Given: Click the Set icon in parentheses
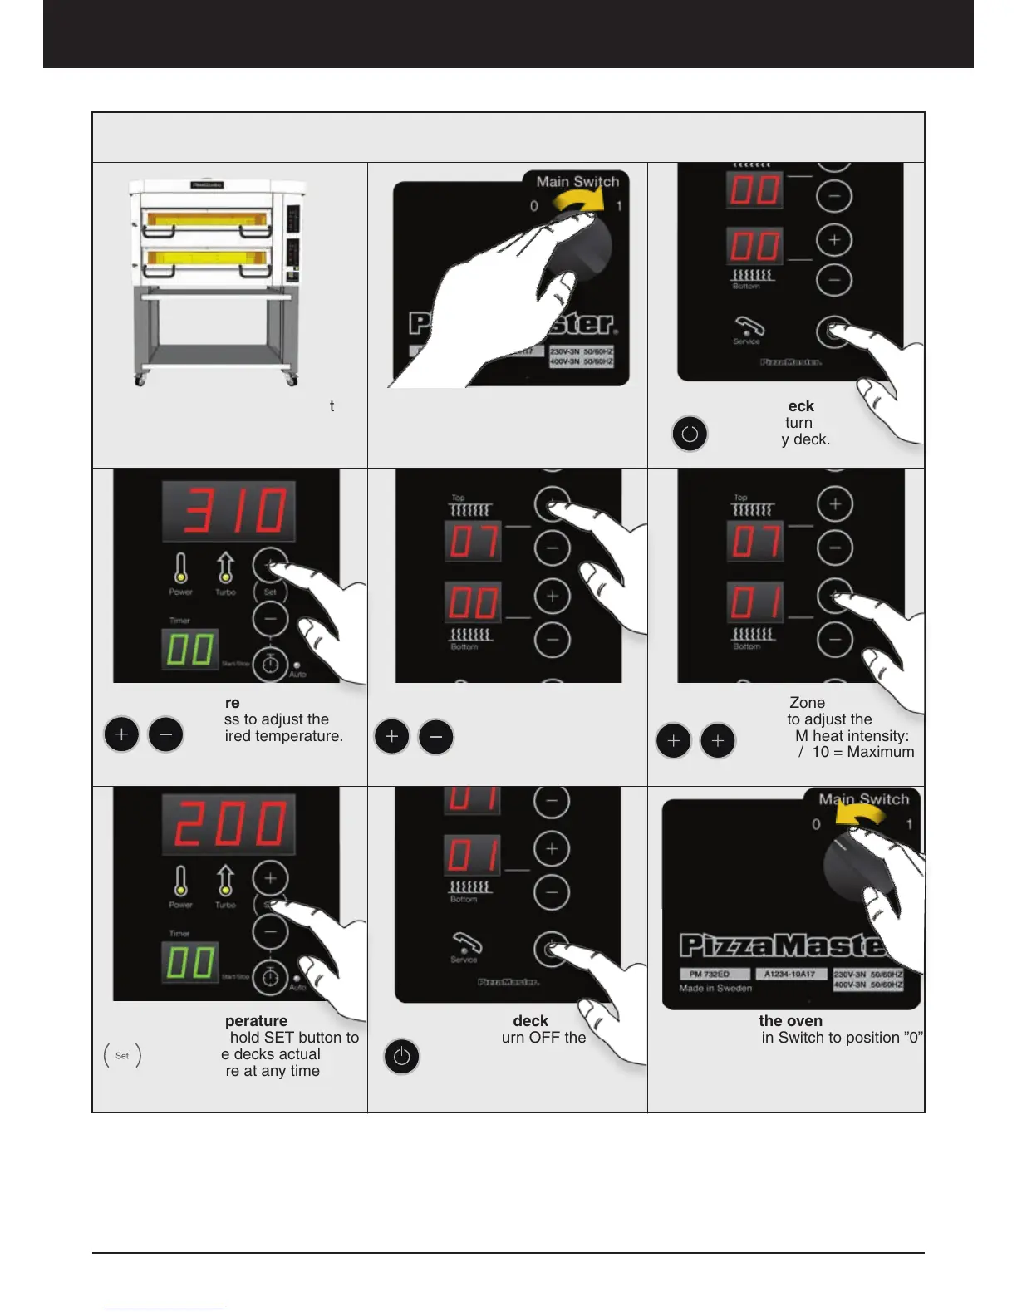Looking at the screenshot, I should pos(122,1055).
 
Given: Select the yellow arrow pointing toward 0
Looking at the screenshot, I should pos(860,818).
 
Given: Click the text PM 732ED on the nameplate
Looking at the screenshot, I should pos(709,974).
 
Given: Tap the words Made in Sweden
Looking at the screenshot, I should pos(715,989).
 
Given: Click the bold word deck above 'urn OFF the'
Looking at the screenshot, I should pos(530,1020).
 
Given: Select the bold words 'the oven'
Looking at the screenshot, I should pos(790,1020).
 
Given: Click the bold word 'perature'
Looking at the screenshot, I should pos(256,1020).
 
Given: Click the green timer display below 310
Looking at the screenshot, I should pos(190,649).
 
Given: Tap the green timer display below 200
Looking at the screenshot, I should pos(190,962).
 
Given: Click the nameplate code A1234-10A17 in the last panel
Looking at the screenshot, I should pos(789,974).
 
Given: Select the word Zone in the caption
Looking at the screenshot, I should pos(807,702).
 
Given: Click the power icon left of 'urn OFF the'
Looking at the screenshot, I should pos(401,1057).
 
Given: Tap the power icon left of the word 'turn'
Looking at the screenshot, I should pos(690,434).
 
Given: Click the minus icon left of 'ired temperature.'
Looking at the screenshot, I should pos(165,734).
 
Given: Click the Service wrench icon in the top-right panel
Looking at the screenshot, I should pos(747,327).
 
